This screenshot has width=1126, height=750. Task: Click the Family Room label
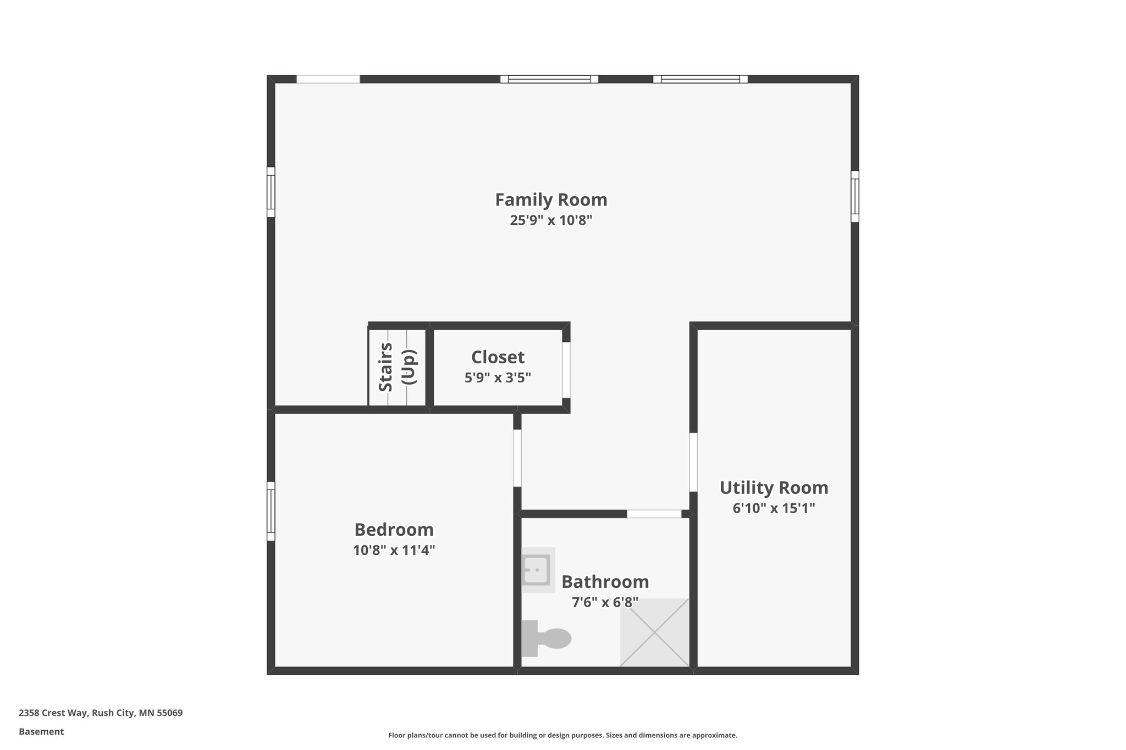pyautogui.click(x=551, y=199)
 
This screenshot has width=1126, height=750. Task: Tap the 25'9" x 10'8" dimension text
pyautogui.click(x=551, y=220)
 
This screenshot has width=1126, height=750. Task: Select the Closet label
pyautogui.click(x=498, y=357)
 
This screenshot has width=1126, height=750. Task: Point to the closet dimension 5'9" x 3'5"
pyautogui.click(x=498, y=378)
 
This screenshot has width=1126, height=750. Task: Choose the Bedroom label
pyautogui.click(x=394, y=530)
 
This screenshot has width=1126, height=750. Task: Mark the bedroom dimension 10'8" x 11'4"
pyautogui.click(x=394, y=550)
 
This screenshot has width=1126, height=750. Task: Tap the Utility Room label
pyautogui.click(x=774, y=487)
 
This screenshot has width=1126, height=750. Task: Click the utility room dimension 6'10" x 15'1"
pyautogui.click(x=774, y=508)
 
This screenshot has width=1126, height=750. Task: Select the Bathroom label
pyautogui.click(x=605, y=581)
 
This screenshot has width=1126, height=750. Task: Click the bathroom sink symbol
pyautogui.click(x=537, y=570)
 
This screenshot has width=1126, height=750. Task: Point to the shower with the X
pyautogui.click(x=654, y=632)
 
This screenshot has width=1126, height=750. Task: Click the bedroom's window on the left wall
pyautogui.click(x=271, y=511)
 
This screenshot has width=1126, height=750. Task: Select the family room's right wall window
pyautogui.click(x=855, y=196)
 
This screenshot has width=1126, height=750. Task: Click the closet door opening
pyautogui.click(x=566, y=370)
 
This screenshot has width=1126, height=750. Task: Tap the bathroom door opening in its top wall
pyautogui.click(x=654, y=514)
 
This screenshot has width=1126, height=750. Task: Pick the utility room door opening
pyautogui.click(x=693, y=462)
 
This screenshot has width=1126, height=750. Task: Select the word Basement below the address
pyautogui.click(x=41, y=731)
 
